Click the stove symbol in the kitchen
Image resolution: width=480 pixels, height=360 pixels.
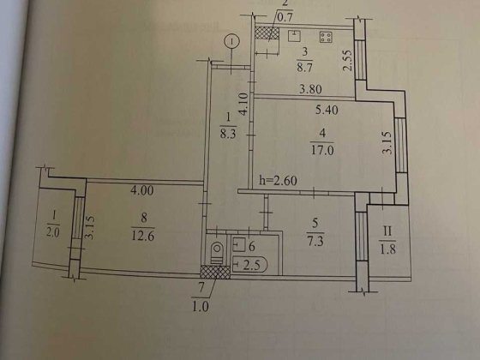[x=327, y=37]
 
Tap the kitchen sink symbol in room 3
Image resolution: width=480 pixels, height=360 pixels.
[x=294, y=36]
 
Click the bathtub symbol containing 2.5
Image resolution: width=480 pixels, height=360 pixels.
[x=250, y=265]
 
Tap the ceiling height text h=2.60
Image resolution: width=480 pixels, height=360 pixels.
[x=279, y=180]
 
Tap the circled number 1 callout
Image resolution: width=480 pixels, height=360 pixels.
[x=229, y=41]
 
